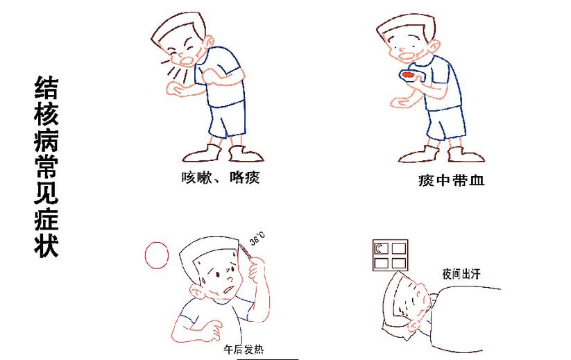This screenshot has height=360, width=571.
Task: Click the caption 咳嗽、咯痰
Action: [x=221, y=178]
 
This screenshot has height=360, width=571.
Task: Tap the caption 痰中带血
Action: [x=451, y=180]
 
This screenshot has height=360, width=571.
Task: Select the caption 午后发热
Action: [x=244, y=350]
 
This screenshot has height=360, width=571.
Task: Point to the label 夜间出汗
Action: [x=461, y=274]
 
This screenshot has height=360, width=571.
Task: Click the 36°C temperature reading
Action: [x=257, y=239]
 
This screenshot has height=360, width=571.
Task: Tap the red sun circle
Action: [x=157, y=255]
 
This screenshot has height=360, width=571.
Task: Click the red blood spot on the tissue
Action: [x=408, y=75]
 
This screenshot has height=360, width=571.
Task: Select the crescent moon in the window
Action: [x=380, y=248]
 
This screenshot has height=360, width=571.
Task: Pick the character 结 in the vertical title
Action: [x=46, y=87]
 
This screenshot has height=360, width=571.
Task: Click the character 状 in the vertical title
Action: [x=46, y=245]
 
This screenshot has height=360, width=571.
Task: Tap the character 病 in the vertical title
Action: [x=46, y=140]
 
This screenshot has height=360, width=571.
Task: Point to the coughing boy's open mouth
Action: [x=187, y=60]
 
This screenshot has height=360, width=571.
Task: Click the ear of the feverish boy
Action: [x=196, y=292]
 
